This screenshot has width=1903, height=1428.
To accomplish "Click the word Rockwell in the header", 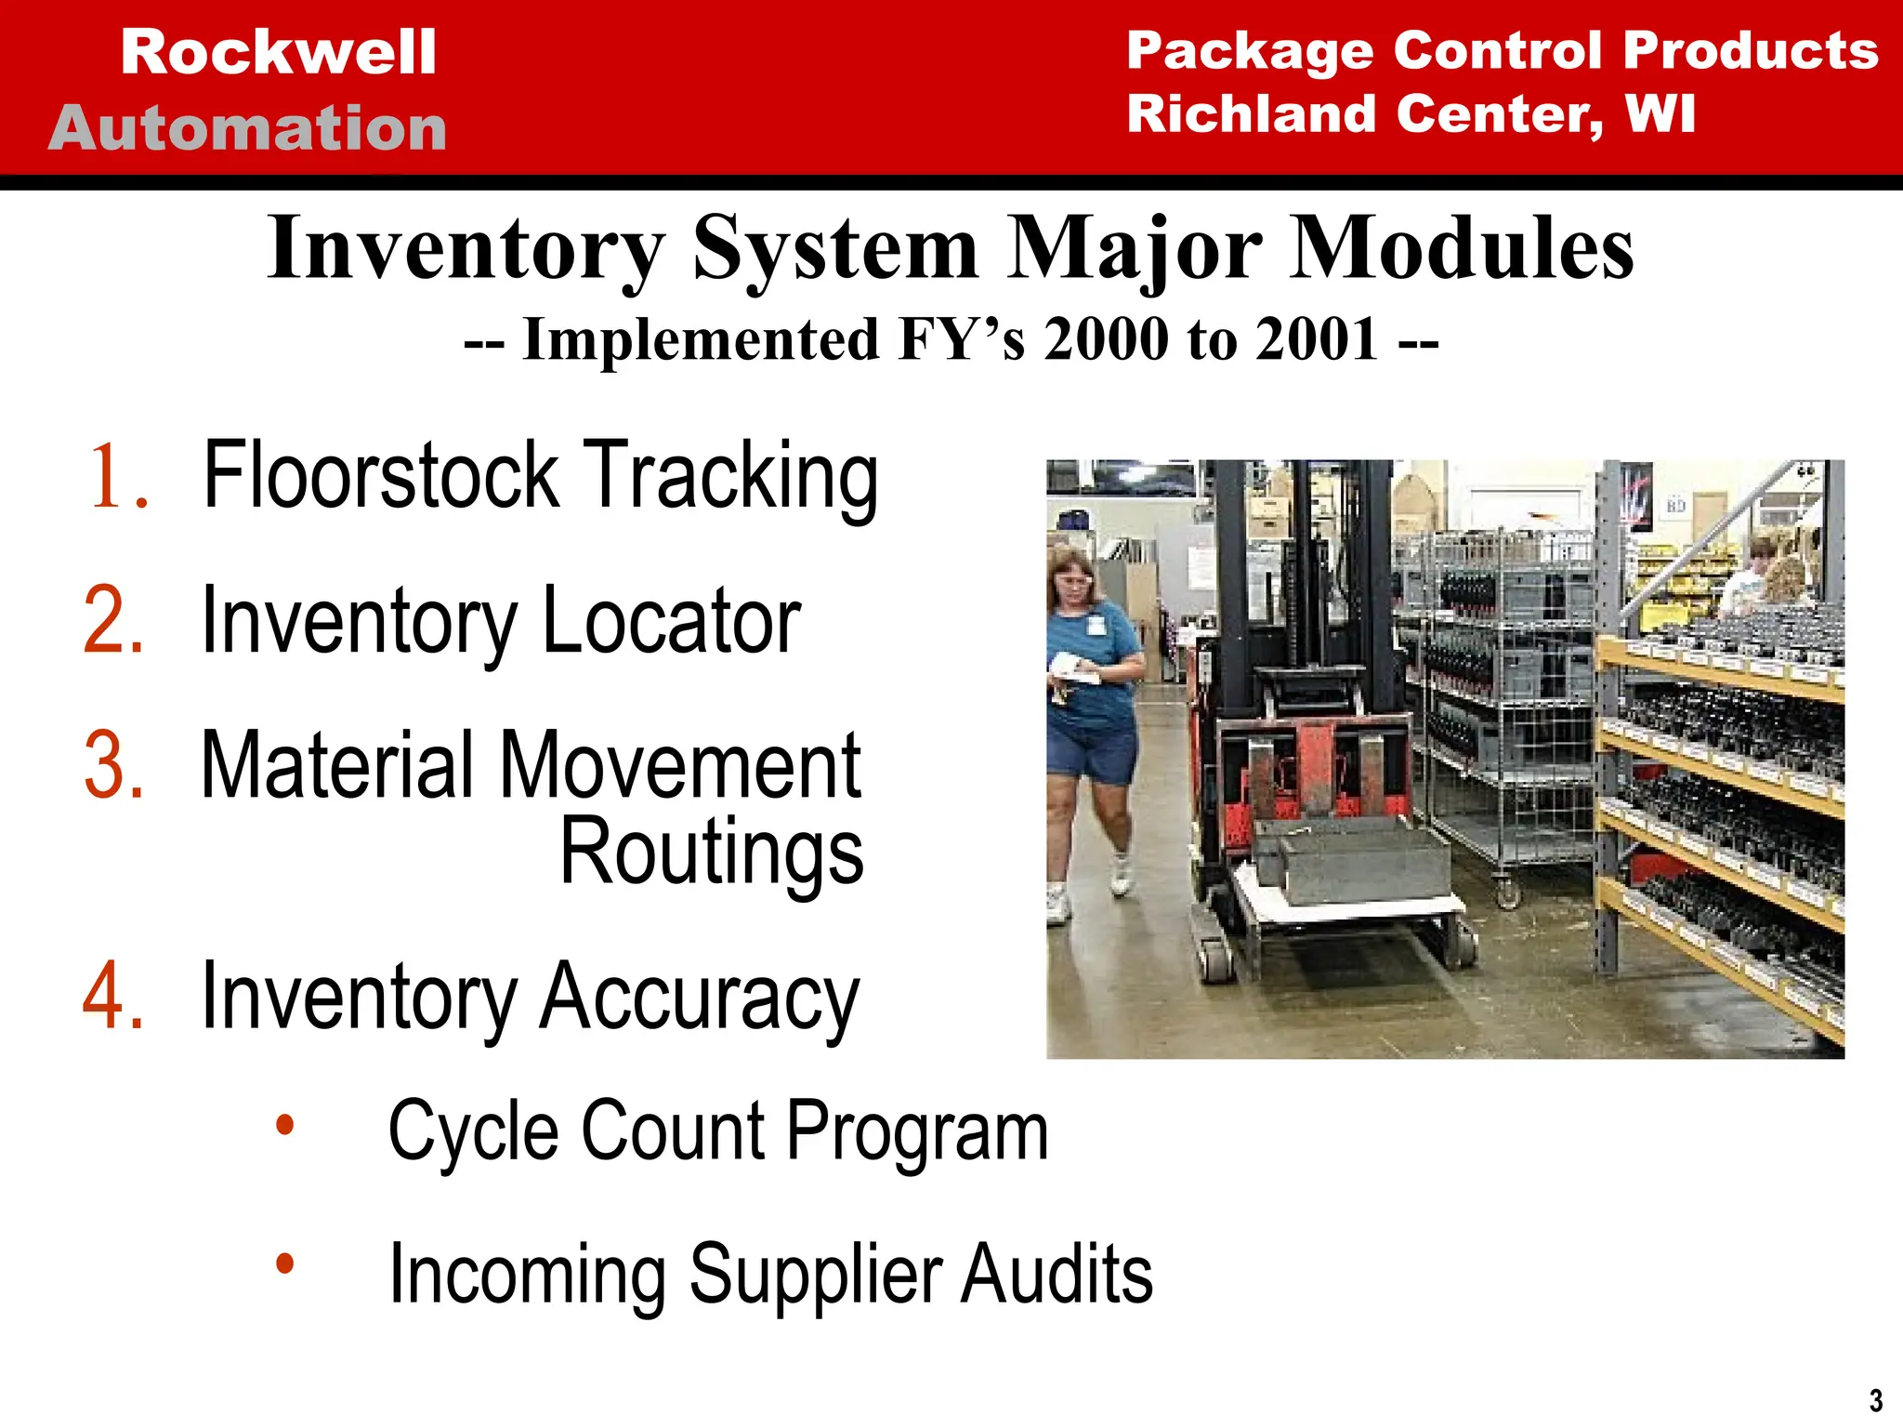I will pos(278,52).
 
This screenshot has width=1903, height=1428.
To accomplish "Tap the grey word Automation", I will pos(248,127).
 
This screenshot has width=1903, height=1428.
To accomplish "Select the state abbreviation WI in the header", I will pos(1660,113).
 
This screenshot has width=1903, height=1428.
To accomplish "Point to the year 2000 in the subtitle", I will pos(1107,338).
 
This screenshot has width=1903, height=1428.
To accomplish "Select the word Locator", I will pos(671,620).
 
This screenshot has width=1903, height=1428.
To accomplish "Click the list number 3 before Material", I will pos(113,765).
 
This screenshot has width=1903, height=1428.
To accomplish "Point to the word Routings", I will pos(712,851).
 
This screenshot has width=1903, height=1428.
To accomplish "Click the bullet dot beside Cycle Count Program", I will pos(284,1126).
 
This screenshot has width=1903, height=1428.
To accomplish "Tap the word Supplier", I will pos(815,1275).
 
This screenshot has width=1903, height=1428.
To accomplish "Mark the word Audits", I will pos(1056,1273).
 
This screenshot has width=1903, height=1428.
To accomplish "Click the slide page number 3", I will pos(1876,1400).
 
